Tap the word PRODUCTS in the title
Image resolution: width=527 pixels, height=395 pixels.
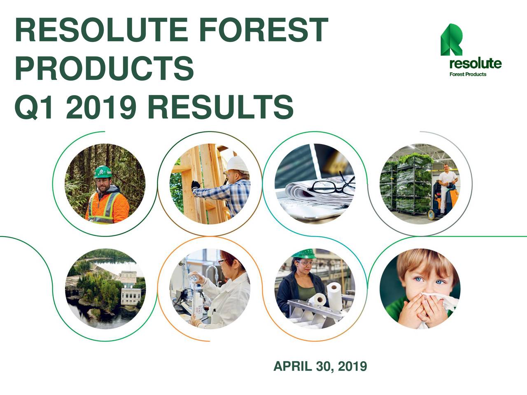click(104, 69)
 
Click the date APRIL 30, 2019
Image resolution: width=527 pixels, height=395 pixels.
click(320, 366)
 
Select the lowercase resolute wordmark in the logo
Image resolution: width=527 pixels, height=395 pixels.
click(475, 64)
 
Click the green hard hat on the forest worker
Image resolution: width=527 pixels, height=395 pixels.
click(103, 172)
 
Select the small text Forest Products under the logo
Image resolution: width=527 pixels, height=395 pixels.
click(467, 74)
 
